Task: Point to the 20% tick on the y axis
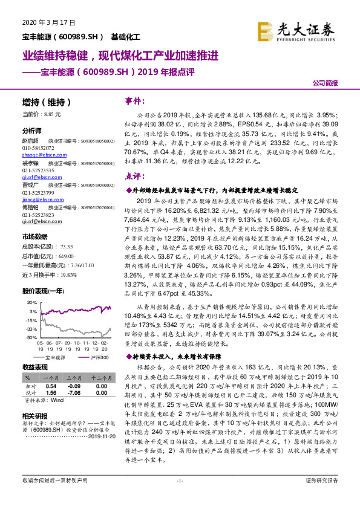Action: coord(31,303)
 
